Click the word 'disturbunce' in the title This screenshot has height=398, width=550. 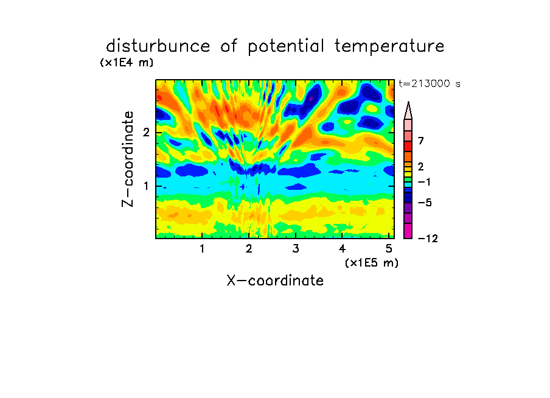158,46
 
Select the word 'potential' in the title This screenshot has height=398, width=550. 286,47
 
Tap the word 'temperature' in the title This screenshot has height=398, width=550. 389,47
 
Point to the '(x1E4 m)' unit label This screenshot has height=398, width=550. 127,63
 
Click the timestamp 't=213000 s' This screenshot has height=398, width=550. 430,83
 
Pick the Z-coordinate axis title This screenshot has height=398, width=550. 128,159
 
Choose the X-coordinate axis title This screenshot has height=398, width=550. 275,281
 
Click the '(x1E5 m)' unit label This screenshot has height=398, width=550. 372,263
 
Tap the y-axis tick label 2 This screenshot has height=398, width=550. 146,133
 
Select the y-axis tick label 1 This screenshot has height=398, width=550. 146,186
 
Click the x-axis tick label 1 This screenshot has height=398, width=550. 202,249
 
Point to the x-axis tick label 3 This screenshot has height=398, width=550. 296,249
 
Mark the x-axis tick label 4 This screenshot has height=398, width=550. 343,249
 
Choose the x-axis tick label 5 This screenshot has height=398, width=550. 389,249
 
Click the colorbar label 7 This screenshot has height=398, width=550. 421,141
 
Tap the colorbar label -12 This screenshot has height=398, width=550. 428,239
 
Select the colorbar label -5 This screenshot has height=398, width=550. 425,203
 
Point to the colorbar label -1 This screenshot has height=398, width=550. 424,182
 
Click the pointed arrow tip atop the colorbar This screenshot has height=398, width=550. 408,102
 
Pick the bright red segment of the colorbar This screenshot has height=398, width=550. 408,146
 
